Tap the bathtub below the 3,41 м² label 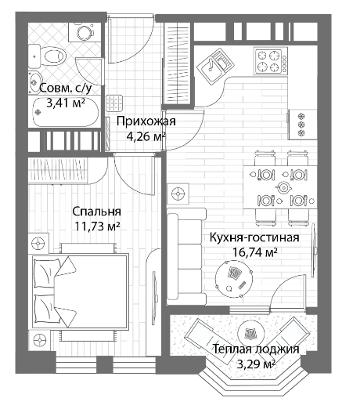point(65,113)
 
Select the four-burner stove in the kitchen point(271,60)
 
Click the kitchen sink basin point(215,66)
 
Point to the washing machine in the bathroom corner point(85,32)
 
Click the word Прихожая point(146,121)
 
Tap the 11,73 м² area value point(97,226)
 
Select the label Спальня point(96,212)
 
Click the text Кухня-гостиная point(254,237)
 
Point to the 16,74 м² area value point(254,252)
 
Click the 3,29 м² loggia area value point(256,364)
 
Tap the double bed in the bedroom point(81,291)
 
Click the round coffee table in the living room point(234,278)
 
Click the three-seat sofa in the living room point(186,256)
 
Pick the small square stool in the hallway point(114,103)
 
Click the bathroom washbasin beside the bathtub point(34,81)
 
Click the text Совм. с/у point(66,88)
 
